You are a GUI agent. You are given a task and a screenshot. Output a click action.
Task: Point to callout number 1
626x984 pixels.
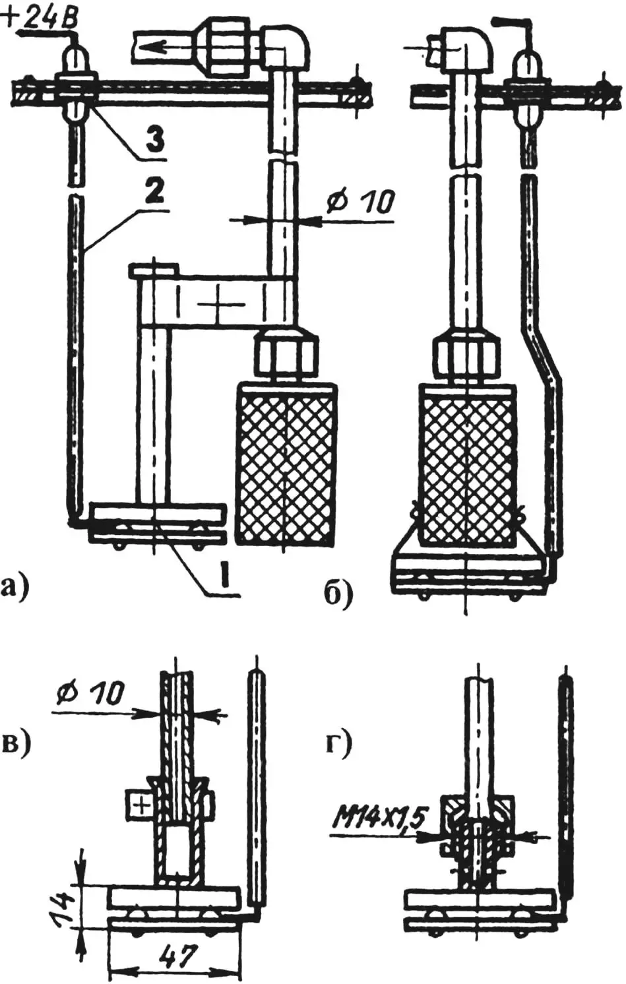224,576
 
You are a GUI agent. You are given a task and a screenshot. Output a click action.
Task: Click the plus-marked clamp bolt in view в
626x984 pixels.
139,805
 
